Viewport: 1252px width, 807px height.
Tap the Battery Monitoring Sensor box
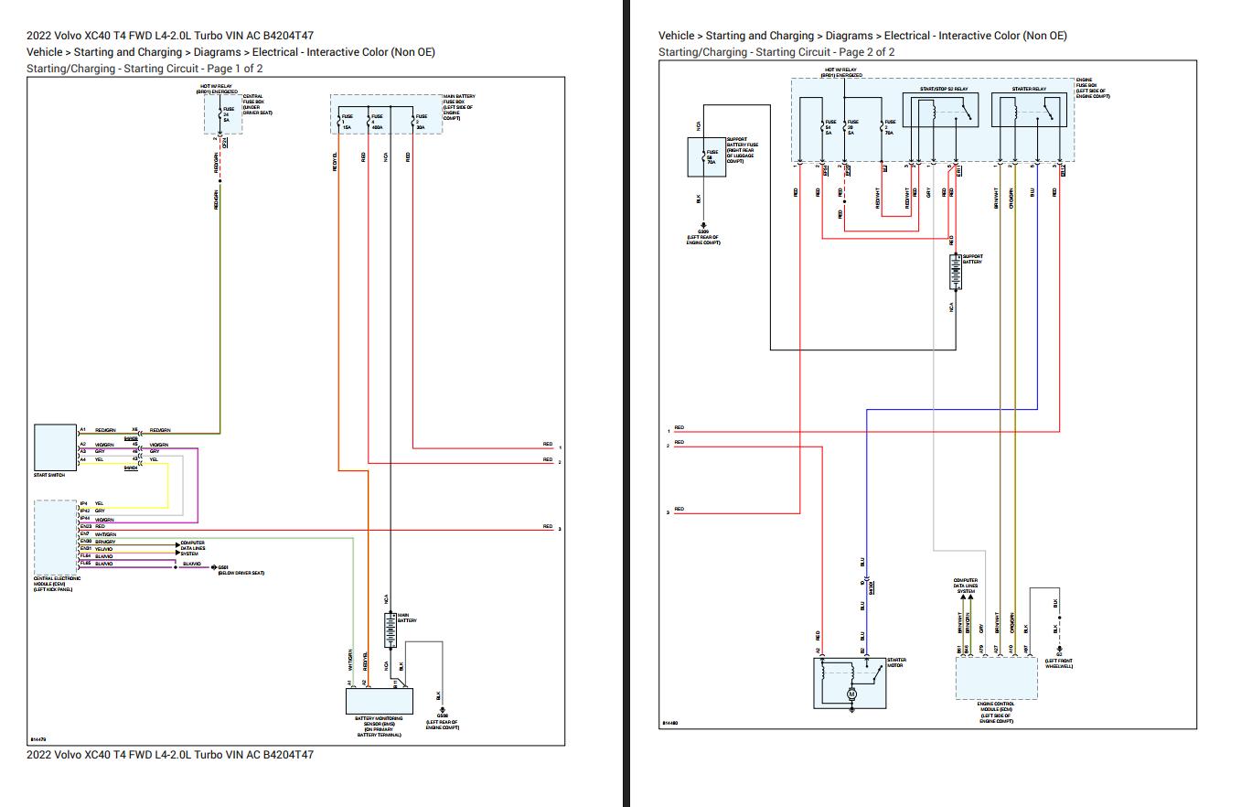(x=380, y=702)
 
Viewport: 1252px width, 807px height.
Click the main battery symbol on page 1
(x=391, y=630)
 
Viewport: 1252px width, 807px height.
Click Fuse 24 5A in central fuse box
(x=226, y=114)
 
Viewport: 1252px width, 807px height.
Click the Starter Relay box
(x=1029, y=112)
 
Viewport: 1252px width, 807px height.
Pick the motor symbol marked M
(x=851, y=694)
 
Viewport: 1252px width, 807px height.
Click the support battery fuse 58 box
(x=706, y=156)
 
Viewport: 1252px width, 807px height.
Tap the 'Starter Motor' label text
(x=895, y=662)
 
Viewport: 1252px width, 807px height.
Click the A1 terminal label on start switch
(x=82, y=429)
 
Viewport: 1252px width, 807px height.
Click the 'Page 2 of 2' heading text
(x=864, y=52)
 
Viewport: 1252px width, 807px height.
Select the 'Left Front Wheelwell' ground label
(x=1058, y=663)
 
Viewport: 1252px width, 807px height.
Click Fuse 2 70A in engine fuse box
(x=889, y=126)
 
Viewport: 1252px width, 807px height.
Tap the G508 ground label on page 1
(x=442, y=716)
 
